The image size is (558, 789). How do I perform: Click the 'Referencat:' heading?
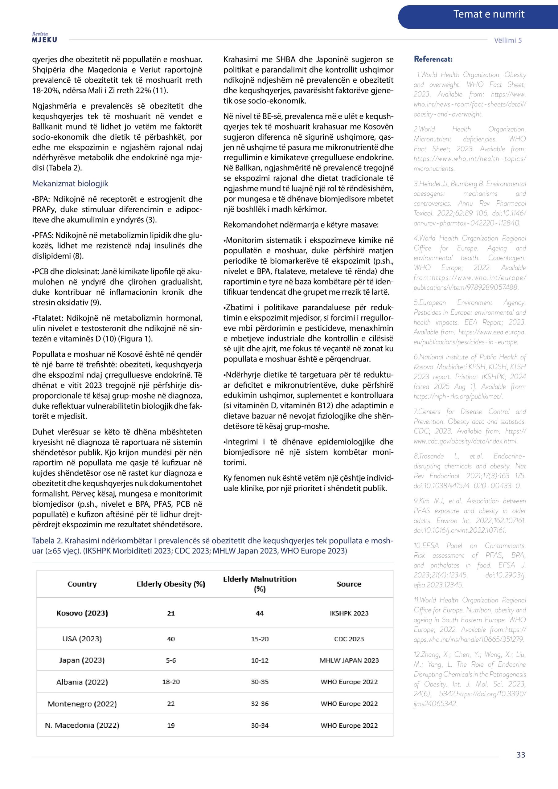coord(433,59)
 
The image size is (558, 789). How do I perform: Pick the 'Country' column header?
coord(82,584)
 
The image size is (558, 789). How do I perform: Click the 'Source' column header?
coord(349,584)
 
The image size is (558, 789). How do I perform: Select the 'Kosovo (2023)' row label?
coord(82,613)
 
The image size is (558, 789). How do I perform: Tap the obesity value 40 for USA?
coord(171,639)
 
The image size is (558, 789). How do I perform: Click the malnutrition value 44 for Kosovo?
coord(260,613)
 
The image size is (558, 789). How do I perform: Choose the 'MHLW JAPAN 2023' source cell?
coord(349,660)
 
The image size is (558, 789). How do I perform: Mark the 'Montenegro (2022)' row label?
coord(82,704)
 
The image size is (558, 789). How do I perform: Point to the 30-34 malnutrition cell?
coord(260,726)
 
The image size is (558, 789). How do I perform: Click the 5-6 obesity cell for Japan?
coord(171,660)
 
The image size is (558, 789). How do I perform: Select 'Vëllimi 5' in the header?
coord(507,40)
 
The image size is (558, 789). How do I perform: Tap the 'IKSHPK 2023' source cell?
coord(349,613)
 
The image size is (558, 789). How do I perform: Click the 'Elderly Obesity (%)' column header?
coord(171,584)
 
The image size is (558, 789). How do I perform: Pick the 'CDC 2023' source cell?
coord(349,639)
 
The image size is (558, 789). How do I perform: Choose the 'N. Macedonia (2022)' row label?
coord(82,726)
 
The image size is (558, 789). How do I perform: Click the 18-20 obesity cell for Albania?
coord(171,682)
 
